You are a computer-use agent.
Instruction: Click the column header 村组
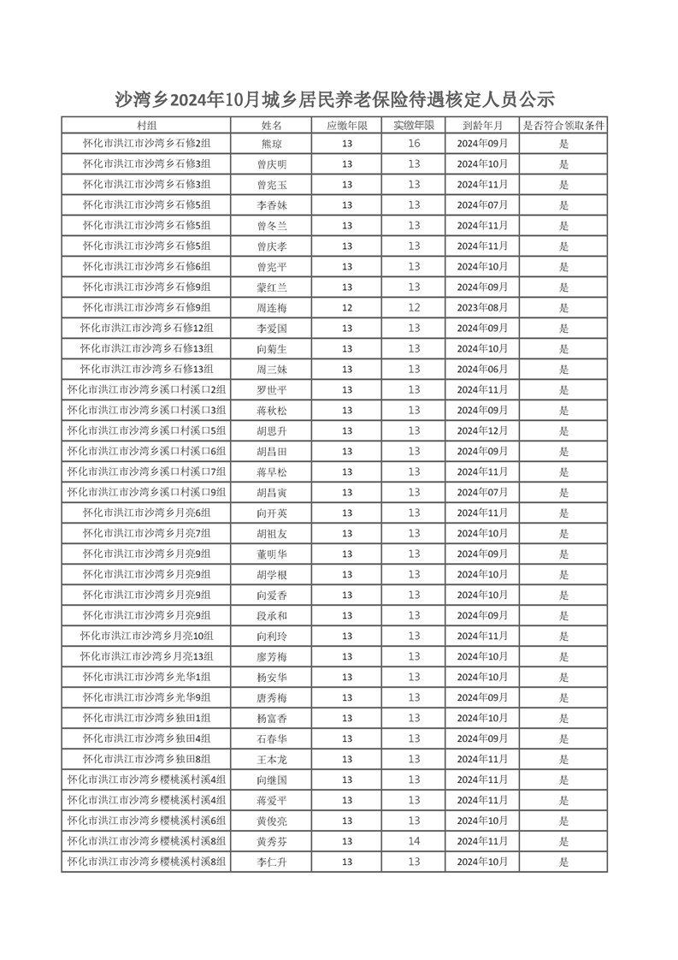point(146,126)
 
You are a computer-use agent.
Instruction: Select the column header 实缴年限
point(414,126)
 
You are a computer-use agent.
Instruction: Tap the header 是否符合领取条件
point(563,126)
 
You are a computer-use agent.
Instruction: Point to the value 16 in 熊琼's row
point(414,144)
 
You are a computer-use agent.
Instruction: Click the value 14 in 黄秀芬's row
point(414,842)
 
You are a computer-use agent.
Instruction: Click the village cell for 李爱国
point(146,329)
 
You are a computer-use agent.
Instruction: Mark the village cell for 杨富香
point(146,719)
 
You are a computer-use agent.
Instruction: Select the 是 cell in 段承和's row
point(563,616)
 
